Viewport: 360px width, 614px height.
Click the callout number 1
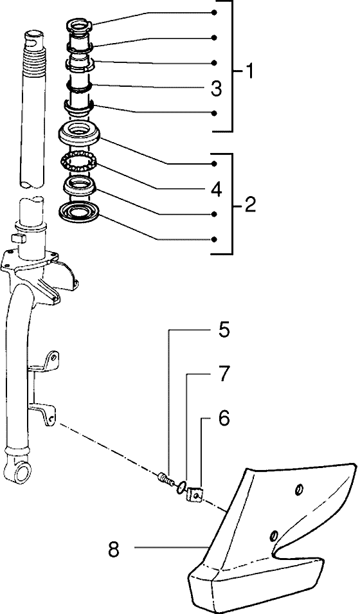pos(248,71)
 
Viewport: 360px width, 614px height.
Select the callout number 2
pos(250,204)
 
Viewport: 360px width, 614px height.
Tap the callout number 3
pos(216,89)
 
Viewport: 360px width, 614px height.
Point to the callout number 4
pos(216,189)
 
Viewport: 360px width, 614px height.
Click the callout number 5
pos(224,330)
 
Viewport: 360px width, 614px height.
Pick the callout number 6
pos(224,419)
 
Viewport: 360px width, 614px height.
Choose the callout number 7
pos(224,374)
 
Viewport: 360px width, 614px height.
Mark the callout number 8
pos(114,550)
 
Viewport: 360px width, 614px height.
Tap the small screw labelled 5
pos(165,478)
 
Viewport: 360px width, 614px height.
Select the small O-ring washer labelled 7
pos(181,487)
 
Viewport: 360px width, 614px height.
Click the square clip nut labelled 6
pos(195,494)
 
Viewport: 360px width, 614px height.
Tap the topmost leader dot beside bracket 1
pos(214,12)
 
